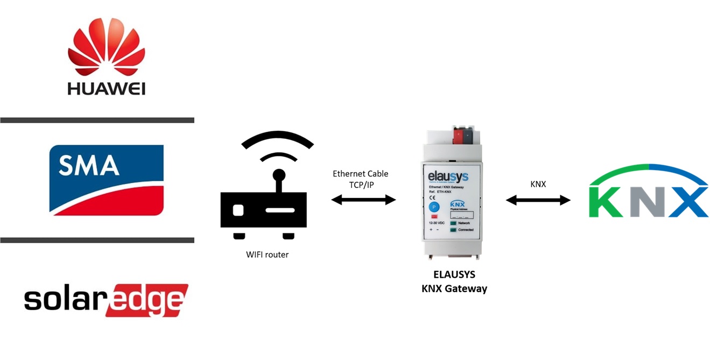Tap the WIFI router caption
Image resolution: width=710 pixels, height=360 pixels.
click(x=267, y=255)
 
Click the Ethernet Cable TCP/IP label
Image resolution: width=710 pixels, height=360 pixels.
click(x=360, y=178)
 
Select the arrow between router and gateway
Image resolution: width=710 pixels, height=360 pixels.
click(x=363, y=200)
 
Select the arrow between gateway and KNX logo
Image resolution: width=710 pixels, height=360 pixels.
click(x=538, y=200)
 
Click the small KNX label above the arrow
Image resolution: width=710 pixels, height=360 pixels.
click(x=538, y=184)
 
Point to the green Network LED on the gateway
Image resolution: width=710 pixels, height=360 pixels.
click(x=453, y=223)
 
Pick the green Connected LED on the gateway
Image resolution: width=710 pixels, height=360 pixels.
click(x=453, y=230)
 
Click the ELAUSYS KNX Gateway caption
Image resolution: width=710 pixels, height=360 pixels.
click(x=454, y=281)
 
